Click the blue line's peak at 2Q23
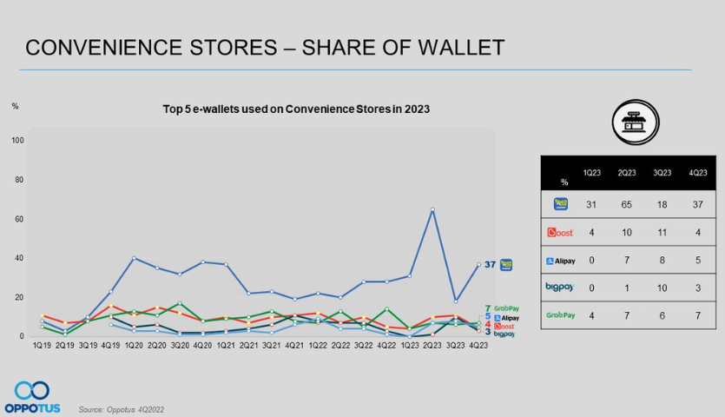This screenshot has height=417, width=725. coord(432,209)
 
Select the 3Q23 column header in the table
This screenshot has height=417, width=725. coord(662,173)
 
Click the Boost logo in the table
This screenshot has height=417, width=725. coord(561,233)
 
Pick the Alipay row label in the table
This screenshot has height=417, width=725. coord(561,260)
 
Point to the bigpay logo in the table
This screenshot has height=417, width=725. coord(561,287)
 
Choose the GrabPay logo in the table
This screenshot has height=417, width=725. coord(561,314)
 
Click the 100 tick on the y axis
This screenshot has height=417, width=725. coord(17,141)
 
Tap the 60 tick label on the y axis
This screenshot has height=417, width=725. coord(17,219)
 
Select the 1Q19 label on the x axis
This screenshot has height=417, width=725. coord(43,347)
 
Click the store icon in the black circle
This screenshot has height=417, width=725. coord(635,123)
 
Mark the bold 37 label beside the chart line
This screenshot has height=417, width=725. coord(490,264)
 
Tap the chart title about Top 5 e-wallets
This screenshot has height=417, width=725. coord(296,109)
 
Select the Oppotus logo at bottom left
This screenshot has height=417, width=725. coord(31,396)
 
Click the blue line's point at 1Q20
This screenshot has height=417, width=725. coord(133,258)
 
